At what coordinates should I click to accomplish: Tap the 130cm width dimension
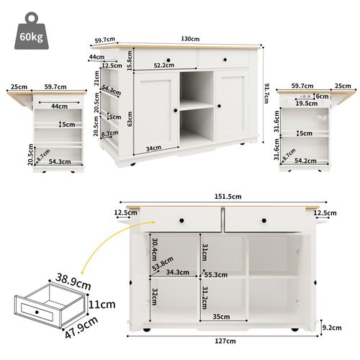191,38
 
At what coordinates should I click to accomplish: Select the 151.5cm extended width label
221,195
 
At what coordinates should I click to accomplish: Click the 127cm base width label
225,341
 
